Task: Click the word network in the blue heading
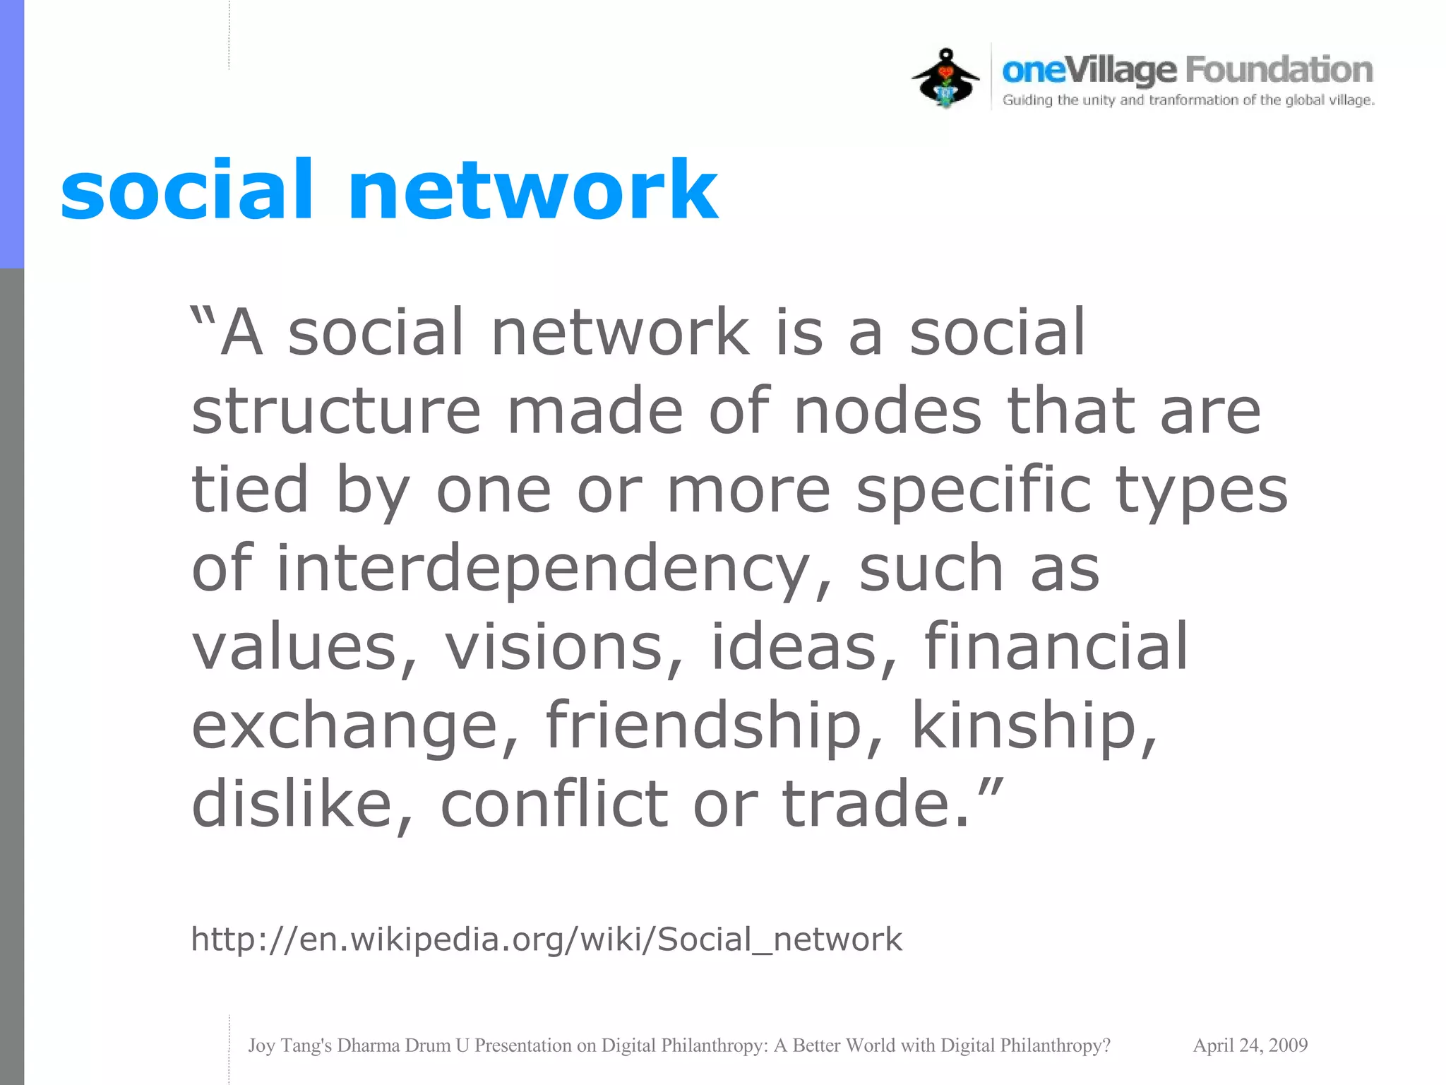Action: [533, 190]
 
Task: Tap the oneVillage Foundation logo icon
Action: [945, 78]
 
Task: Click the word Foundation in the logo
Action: [1279, 70]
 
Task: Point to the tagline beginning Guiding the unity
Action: [1188, 100]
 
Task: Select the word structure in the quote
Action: [336, 411]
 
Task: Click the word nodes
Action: [888, 411]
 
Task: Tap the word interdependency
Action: [544, 569]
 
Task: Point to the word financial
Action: [1056, 647]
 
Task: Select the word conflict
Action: [554, 805]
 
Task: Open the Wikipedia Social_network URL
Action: [546, 939]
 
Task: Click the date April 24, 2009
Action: [1250, 1045]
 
